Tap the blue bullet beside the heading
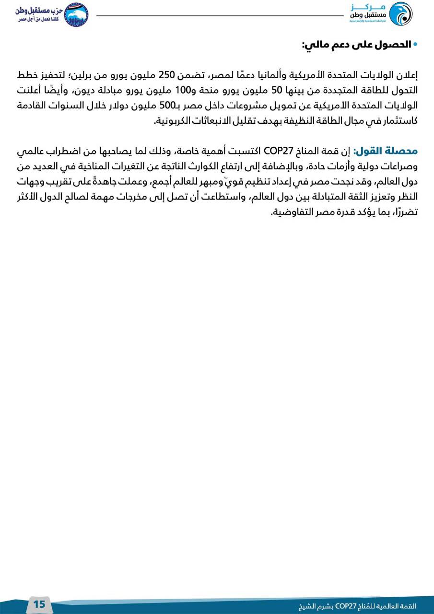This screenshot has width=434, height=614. tap(415, 45)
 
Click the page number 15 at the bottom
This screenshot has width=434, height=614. tap(39, 604)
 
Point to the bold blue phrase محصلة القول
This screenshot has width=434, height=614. tap(387, 151)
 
